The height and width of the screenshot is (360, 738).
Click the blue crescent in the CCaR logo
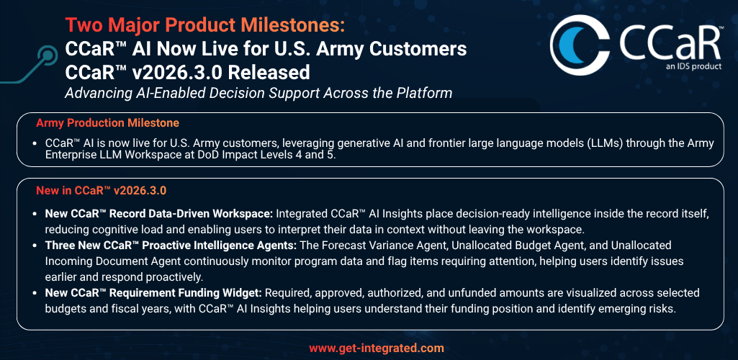pos(568,46)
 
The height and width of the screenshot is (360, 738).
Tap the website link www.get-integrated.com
pos(377,348)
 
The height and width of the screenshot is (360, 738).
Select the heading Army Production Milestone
pos(108,123)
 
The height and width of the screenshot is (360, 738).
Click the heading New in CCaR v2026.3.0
pos(102,191)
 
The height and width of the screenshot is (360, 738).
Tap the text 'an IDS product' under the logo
pos(693,66)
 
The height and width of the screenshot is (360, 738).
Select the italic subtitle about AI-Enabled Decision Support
pos(258,93)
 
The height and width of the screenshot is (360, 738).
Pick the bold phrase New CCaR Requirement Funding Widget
pos(153,293)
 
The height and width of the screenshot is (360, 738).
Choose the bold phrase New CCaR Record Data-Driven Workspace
pos(159,214)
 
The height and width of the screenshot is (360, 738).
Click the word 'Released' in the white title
pos(276,73)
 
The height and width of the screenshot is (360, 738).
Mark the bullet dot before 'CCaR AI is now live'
pos(35,143)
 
